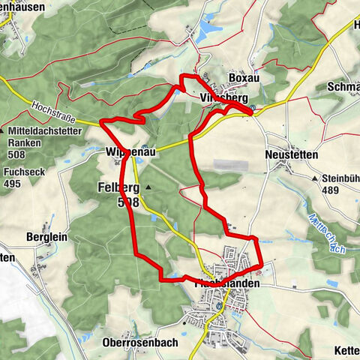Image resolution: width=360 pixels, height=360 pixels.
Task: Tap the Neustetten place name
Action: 292,154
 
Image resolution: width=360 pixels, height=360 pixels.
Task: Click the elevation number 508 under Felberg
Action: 128,202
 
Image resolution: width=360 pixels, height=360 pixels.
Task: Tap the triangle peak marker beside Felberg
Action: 148,187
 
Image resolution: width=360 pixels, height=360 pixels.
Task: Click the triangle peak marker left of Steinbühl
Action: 316,179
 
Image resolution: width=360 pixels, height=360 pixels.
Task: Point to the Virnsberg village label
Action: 223,97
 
